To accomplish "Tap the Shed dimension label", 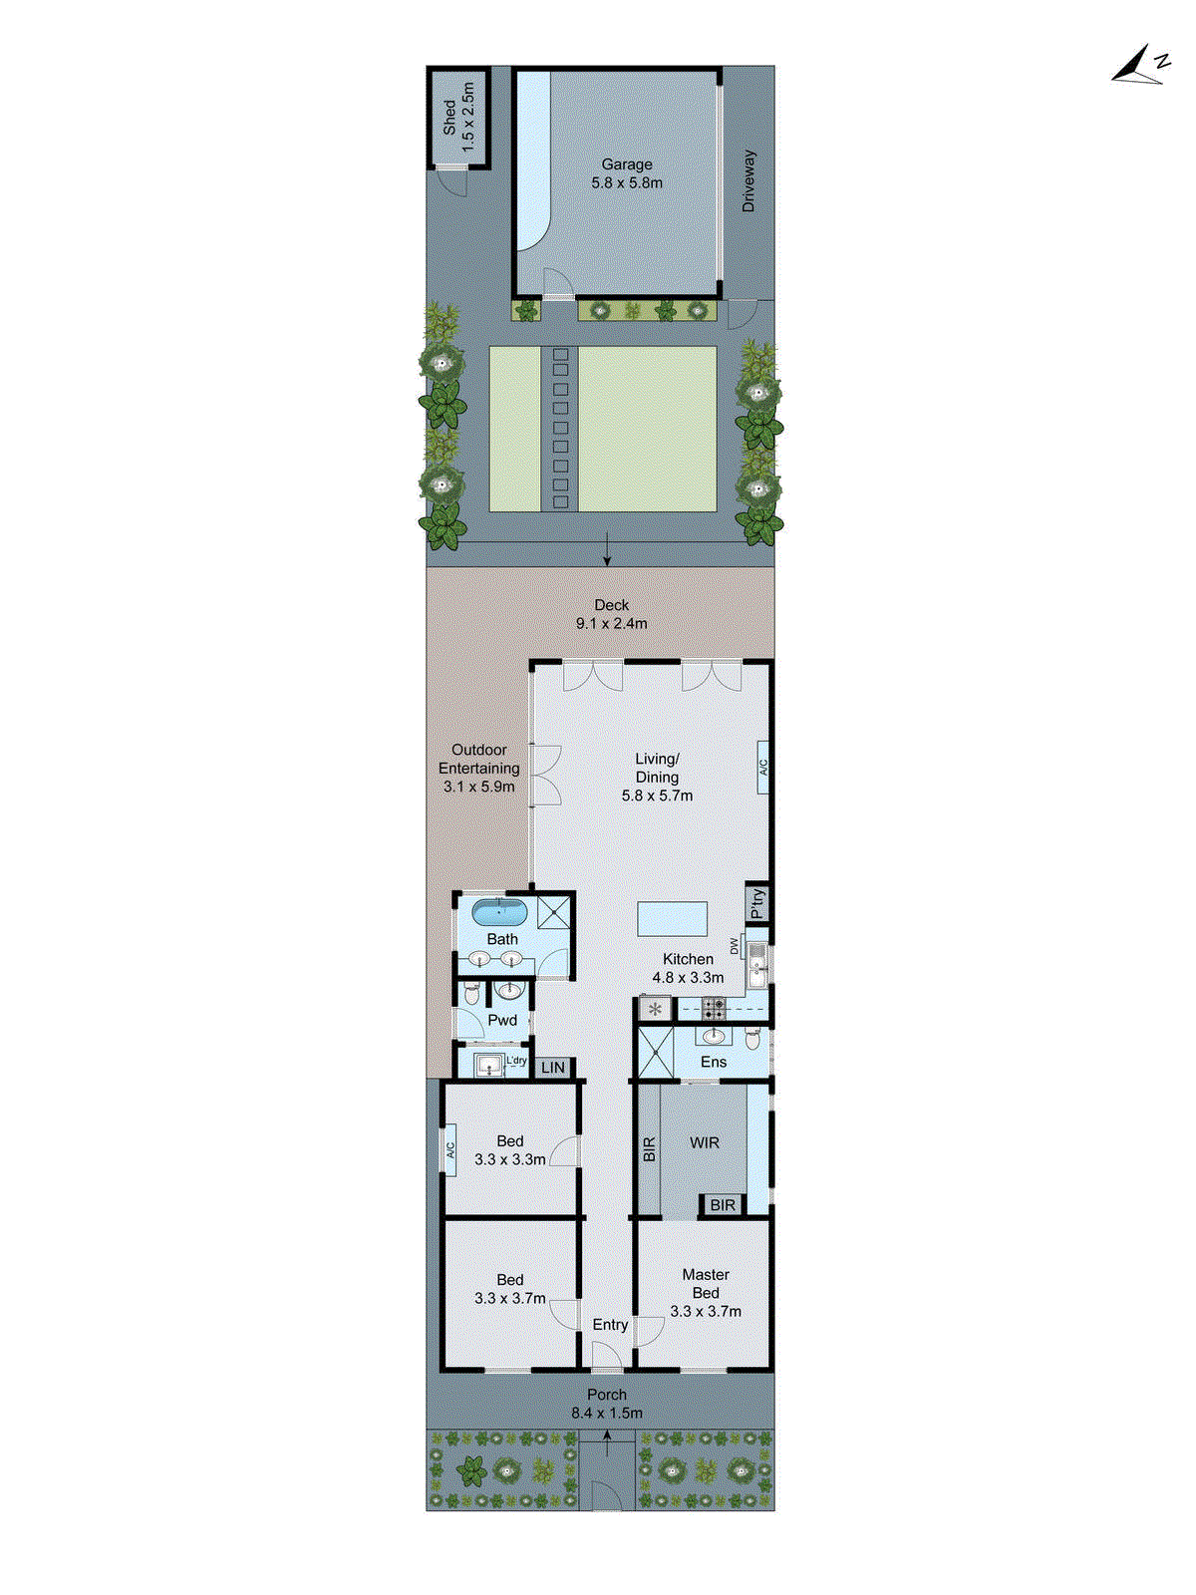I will [x=459, y=117].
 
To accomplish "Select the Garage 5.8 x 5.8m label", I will [x=626, y=173].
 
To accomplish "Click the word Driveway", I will [x=748, y=180].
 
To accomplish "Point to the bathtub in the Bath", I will [x=498, y=911].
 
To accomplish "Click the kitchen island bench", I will [x=673, y=918].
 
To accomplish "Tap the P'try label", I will [x=758, y=903].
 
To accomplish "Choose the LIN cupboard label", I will [x=553, y=1068].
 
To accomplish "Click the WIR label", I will [x=704, y=1142].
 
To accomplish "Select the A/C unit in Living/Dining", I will [x=763, y=767].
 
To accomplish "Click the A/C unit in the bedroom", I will [x=449, y=1155].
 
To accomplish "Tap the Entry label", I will [x=610, y=1325].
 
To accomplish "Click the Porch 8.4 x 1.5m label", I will [x=606, y=1404].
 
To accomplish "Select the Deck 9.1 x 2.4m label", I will [x=611, y=614].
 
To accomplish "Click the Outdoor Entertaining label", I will [x=479, y=768].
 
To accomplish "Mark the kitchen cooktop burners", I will [x=714, y=1008].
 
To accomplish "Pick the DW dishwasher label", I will [x=735, y=946].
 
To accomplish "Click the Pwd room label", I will [x=502, y=1020].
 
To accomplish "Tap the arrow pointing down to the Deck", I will [x=607, y=549].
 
